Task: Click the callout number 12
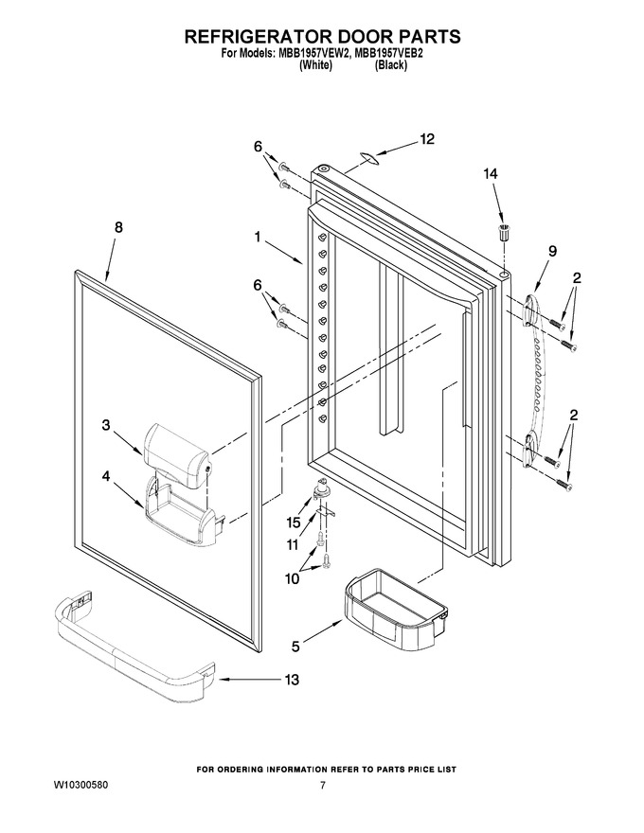[427, 139]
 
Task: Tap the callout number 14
[491, 174]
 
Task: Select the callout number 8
[118, 227]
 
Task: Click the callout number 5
[295, 647]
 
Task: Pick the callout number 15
[294, 523]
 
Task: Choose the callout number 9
[552, 251]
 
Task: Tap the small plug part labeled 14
[502, 233]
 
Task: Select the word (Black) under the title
[391, 65]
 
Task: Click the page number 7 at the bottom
[323, 786]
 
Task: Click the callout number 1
[258, 237]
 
